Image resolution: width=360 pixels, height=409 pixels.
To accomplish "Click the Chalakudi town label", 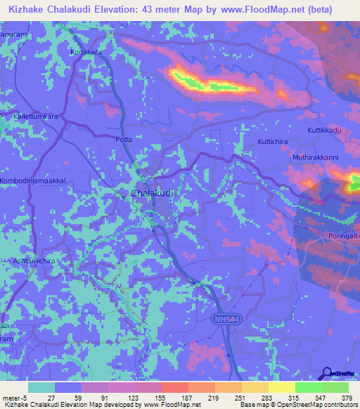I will tap(151, 193).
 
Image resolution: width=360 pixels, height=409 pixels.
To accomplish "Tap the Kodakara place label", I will tap(86, 52).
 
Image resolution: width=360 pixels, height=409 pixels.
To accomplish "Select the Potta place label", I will tap(123, 140).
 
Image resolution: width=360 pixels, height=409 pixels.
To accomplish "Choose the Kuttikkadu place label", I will tap(324, 131).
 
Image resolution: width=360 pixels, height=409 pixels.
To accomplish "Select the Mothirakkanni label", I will tap(316, 157).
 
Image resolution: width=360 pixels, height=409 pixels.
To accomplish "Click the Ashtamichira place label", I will tap(27, 260).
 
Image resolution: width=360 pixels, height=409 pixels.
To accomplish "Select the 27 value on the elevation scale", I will tap(51, 398).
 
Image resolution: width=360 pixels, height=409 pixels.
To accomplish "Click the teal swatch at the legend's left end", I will tap(41, 387).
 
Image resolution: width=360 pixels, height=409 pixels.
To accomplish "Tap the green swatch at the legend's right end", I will tap(335, 387).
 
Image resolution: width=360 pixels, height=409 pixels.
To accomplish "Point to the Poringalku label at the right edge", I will tap(342, 236).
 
